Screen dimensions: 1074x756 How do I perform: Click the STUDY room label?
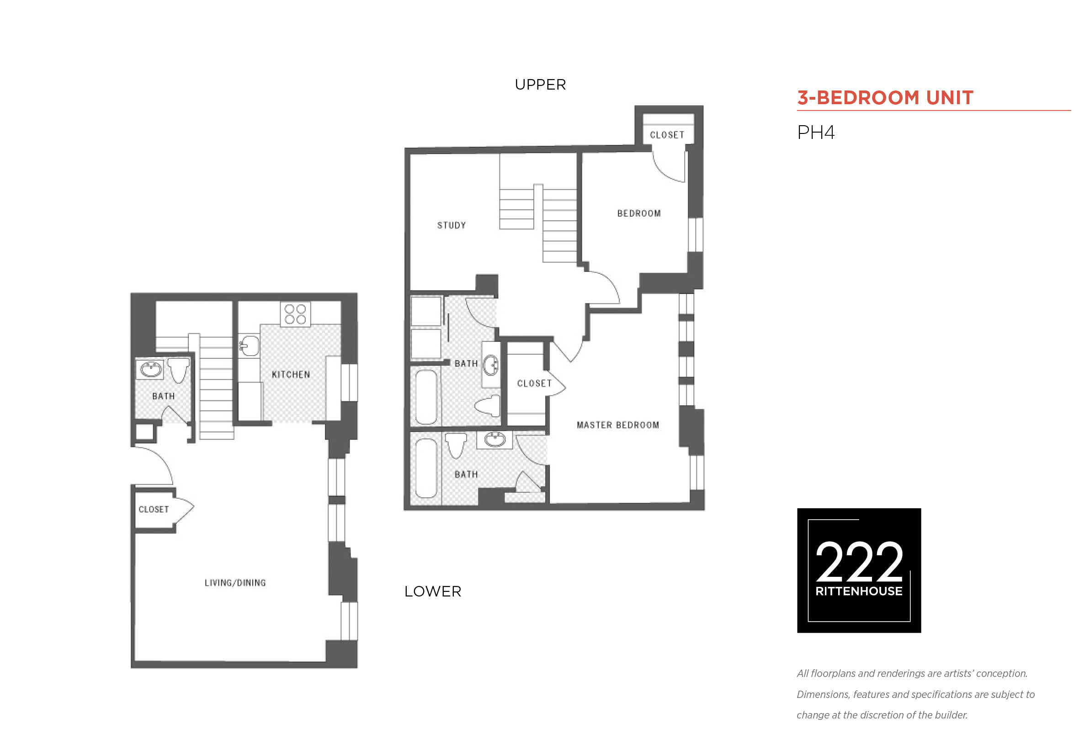coord(452,225)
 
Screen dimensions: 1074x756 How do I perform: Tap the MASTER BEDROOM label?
coord(618,425)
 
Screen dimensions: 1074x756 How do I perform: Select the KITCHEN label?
coord(291,375)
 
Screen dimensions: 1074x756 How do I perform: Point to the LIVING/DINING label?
coord(235,583)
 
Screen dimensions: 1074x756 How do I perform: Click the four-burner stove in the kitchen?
coord(295,314)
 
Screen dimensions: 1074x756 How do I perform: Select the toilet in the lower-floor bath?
coord(179,370)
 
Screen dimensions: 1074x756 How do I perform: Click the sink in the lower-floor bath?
coord(150,370)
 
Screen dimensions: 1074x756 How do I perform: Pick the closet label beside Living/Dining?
coord(154,510)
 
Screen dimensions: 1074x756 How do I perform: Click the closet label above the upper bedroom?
coord(667,135)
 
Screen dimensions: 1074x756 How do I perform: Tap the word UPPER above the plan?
coord(540,85)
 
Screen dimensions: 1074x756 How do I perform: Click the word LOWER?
coord(433,592)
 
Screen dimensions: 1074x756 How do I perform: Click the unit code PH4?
coord(816,133)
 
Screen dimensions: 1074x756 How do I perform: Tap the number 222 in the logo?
coord(859,561)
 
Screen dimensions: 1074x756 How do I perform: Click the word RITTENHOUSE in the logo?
coord(859,591)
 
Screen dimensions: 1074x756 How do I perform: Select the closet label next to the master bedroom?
coord(534,383)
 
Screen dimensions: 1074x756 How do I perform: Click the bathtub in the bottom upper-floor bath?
coord(426,468)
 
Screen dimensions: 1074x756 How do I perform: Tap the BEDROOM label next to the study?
coord(639,214)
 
